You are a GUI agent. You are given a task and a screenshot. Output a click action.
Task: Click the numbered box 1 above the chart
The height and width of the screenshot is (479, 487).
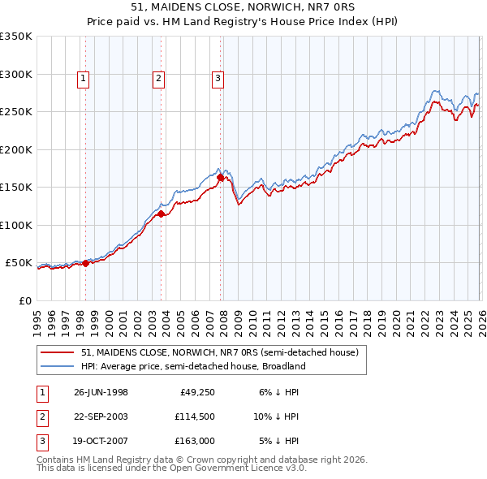pyautogui.click(x=84, y=79)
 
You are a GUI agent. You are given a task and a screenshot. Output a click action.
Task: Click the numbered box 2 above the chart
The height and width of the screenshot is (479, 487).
pyautogui.click(x=158, y=79)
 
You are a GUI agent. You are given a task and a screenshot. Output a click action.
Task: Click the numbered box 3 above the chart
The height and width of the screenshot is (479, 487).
pyautogui.click(x=218, y=79)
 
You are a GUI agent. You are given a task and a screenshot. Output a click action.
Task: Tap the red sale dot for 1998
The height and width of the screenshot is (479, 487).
pyautogui.click(x=86, y=263)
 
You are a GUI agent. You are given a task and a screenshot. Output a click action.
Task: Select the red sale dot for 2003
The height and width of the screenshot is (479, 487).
pyautogui.click(x=161, y=214)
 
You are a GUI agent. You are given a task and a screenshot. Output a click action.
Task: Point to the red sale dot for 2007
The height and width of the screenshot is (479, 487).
pyautogui.click(x=220, y=177)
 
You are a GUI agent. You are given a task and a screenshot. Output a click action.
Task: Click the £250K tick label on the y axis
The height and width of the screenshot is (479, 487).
pyautogui.click(x=16, y=111)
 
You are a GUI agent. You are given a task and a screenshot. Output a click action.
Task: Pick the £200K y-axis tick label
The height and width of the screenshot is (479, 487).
pyautogui.click(x=16, y=149)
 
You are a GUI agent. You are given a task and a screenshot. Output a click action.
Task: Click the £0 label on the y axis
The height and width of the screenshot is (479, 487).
pyautogui.click(x=24, y=300)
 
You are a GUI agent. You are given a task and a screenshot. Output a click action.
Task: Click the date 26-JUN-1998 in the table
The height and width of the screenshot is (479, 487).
pyautogui.click(x=101, y=392)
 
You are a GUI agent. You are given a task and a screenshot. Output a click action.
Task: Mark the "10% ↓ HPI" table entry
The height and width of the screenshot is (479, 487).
pyautogui.click(x=276, y=417)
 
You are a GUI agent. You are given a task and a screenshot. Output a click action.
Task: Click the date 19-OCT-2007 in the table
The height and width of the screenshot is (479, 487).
pyautogui.click(x=101, y=442)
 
